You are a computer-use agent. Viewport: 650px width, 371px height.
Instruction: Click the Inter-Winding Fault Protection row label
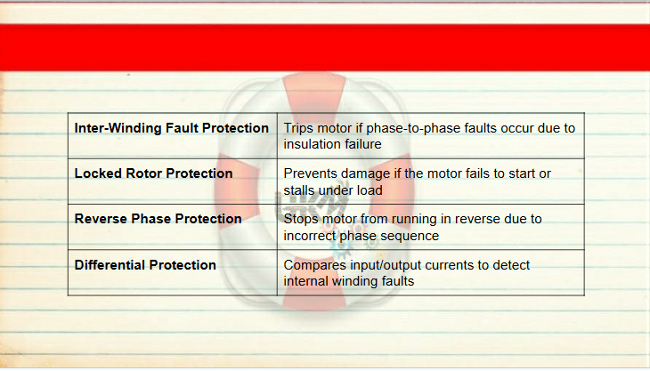(172, 128)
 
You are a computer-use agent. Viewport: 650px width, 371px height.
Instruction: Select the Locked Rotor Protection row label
(153, 173)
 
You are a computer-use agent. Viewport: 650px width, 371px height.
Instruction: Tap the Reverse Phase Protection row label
(158, 219)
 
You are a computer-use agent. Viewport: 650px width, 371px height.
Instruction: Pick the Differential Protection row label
(145, 264)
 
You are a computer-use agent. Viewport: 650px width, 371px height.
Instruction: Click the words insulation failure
(332, 144)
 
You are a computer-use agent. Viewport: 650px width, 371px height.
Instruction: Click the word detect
(511, 264)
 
